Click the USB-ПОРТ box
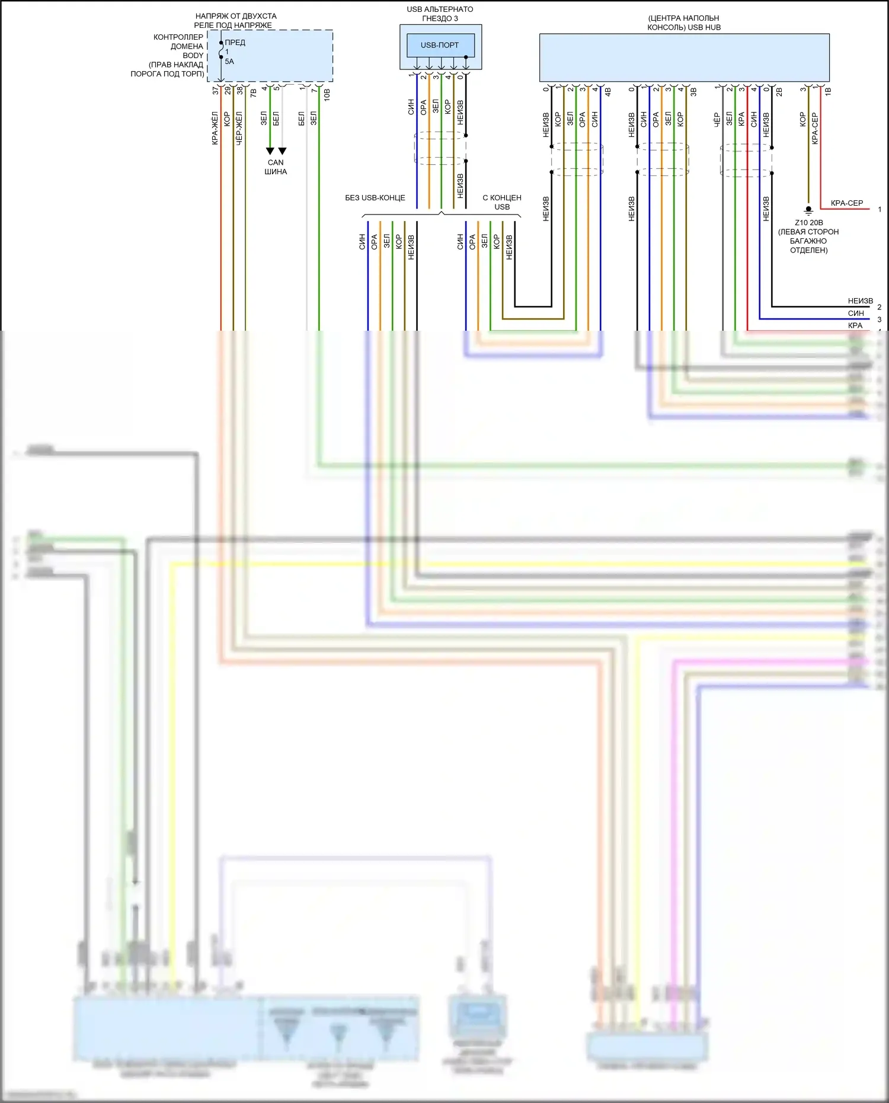(x=440, y=45)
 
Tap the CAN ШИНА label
(x=276, y=167)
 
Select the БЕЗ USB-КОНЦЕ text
(x=375, y=198)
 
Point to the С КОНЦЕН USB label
(x=502, y=202)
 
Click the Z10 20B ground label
(x=809, y=223)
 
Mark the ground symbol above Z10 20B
(x=808, y=210)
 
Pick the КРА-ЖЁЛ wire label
(x=215, y=128)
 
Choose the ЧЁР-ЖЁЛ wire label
(x=239, y=128)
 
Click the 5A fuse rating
(x=229, y=62)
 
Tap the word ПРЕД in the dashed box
(x=235, y=43)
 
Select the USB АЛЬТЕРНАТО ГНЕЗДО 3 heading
(x=440, y=14)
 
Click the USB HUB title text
(x=684, y=23)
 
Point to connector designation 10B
(x=327, y=94)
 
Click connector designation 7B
(x=253, y=93)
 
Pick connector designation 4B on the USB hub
(x=607, y=92)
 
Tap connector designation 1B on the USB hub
(x=828, y=91)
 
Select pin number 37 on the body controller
(x=215, y=91)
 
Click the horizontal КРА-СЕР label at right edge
(x=847, y=203)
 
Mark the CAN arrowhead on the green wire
(x=270, y=151)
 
